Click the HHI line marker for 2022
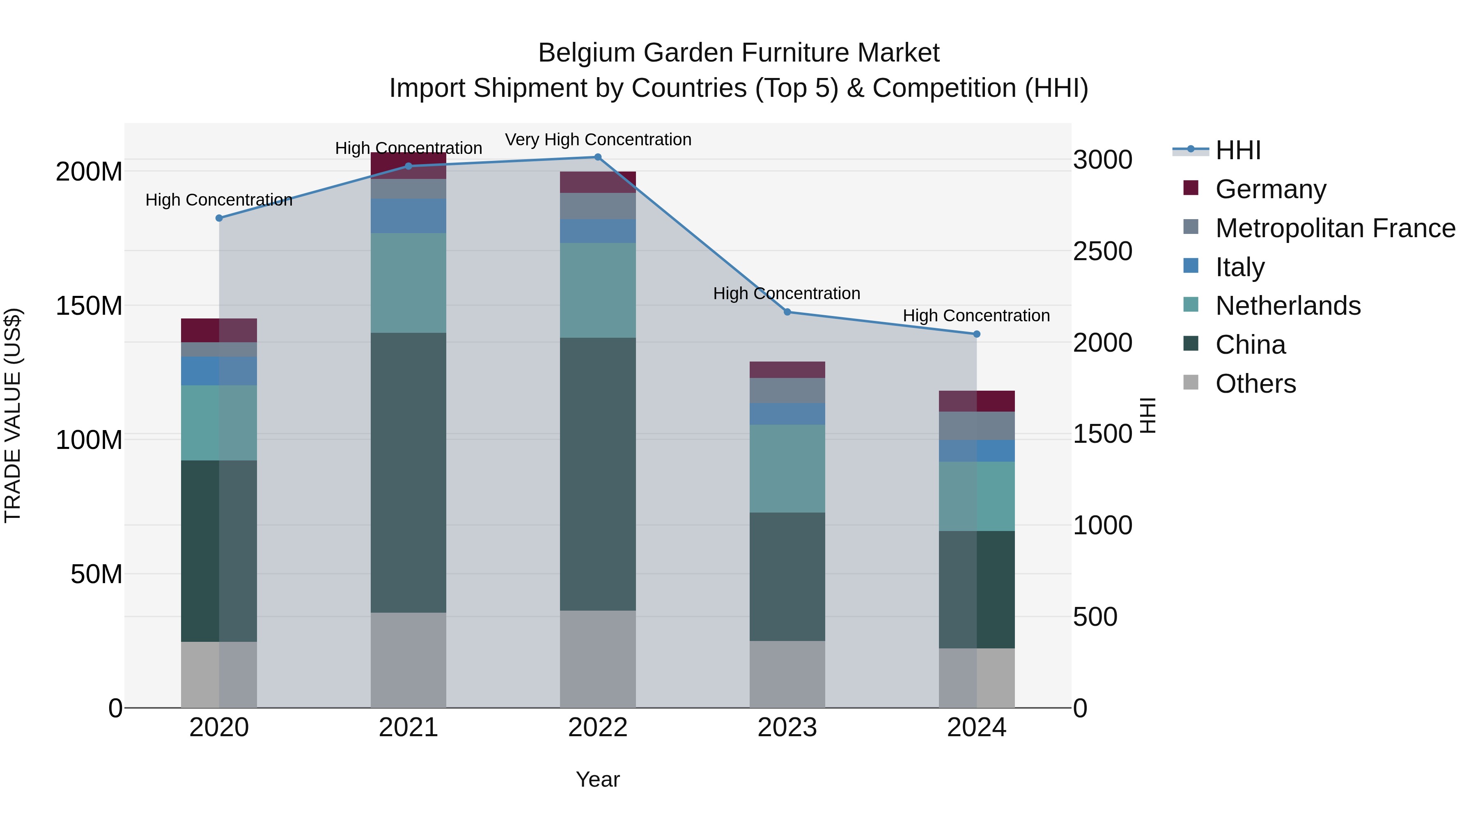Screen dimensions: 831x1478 (597, 157)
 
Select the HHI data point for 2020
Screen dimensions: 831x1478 (219, 218)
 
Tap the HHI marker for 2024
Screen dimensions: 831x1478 (977, 334)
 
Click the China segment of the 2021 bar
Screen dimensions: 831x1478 (408, 473)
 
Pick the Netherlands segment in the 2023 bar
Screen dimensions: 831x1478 (787, 469)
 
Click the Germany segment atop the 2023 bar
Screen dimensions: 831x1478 (787, 370)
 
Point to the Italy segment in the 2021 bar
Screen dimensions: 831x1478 (408, 215)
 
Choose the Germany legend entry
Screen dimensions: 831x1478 (1270, 189)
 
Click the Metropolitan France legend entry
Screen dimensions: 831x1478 (1335, 228)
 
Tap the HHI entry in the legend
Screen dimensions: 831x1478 (1237, 150)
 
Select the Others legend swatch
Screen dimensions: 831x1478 (1191, 382)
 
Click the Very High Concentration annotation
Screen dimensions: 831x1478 (598, 140)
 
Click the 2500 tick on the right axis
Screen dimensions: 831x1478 (1102, 251)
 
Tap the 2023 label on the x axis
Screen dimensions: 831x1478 (787, 728)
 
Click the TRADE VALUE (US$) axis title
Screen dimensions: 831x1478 (13, 415)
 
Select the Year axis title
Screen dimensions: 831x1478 (597, 779)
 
